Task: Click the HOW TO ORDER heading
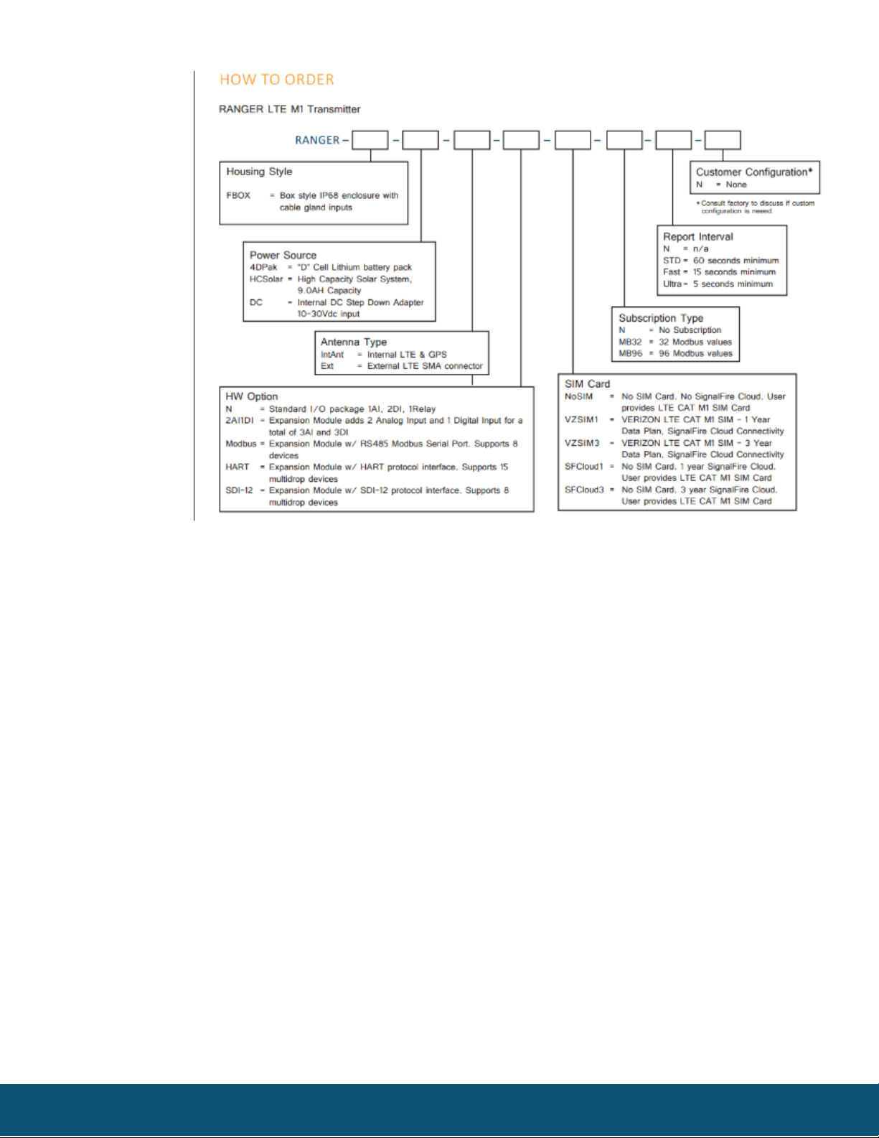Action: [277, 80]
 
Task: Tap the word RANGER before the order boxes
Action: [317, 140]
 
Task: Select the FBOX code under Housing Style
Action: [238, 195]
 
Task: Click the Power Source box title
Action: [283, 255]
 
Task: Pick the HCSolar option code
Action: [265, 279]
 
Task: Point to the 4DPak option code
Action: [263, 267]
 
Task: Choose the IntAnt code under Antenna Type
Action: [332, 355]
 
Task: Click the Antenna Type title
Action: [354, 342]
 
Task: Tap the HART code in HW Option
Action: [237, 467]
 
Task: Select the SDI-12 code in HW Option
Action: [239, 490]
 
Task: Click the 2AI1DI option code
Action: [240, 421]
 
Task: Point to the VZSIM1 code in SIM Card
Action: [581, 419]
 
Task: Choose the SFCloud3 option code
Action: [584, 490]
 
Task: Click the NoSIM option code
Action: [578, 396]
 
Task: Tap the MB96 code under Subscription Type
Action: [630, 353]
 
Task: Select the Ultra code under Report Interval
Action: [672, 284]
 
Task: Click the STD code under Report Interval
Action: [672, 261]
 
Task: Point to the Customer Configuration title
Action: [754, 172]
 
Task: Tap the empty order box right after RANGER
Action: [370, 140]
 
